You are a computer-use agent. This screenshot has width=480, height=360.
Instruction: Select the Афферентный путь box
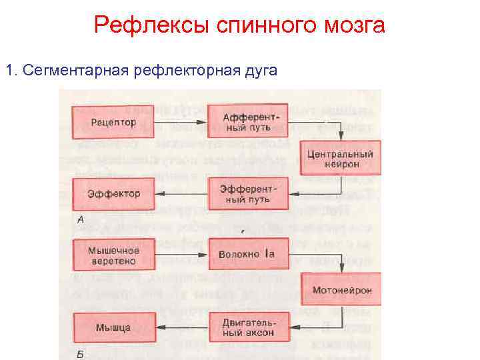point(247,121)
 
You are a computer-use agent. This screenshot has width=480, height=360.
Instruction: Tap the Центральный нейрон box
point(340,158)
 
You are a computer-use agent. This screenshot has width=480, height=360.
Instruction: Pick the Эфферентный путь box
point(247,194)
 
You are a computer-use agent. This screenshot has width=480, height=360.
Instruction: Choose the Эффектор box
point(113,194)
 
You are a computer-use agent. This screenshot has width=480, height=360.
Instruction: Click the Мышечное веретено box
point(113,255)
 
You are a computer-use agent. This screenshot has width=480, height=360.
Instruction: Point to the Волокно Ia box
point(247,255)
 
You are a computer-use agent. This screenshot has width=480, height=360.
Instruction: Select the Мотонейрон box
point(340,290)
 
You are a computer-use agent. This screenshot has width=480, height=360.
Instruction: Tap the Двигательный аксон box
point(247,327)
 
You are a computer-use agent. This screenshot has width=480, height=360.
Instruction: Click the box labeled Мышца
point(113,327)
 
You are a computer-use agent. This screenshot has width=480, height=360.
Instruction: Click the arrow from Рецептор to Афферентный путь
point(180,122)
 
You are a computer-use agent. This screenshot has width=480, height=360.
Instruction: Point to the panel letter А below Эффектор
point(80,220)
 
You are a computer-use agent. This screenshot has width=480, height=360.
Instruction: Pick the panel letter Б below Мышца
point(80,354)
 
